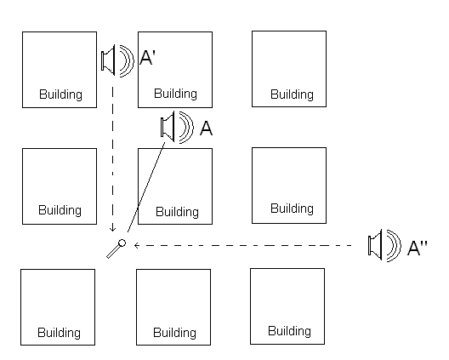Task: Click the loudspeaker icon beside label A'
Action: pyautogui.click(x=117, y=60)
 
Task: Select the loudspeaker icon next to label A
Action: pyautogui.click(x=177, y=127)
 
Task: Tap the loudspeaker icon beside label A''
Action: pyautogui.click(x=384, y=245)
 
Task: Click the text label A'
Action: pyautogui.click(x=147, y=57)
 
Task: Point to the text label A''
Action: pyautogui.click(x=418, y=248)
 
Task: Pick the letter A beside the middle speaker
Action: pyautogui.click(x=206, y=129)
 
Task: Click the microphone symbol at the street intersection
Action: pyautogui.click(x=116, y=249)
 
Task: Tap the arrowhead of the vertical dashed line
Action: pyautogui.click(x=112, y=229)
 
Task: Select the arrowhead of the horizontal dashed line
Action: pyautogui.click(x=137, y=245)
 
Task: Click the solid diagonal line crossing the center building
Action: pyautogui.click(x=146, y=187)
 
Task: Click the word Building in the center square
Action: pyautogui.click(x=177, y=212)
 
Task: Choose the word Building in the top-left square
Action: pyautogui.click(x=60, y=94)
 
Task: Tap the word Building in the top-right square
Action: pyautogui.click(x=292, y=94)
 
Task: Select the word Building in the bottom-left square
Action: pyautogui.click(x=59, y=333)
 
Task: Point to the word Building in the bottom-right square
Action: pyautogui.click(x=289, y=331)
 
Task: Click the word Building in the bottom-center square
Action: pyautogui.click(x=174, y=333)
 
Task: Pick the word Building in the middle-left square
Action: pyautogui.click(x=60, y=210)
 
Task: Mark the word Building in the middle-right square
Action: pyautogui.click(x=292, y=209)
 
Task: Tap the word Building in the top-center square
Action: pyautogui.click(x=175, y=94)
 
